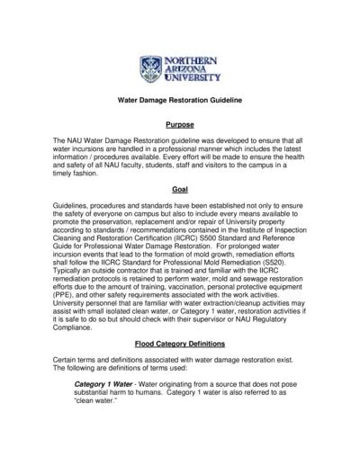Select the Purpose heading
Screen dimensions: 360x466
point(180,126)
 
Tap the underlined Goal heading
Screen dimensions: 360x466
point(180,190)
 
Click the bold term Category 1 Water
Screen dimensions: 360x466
point(102,410)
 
